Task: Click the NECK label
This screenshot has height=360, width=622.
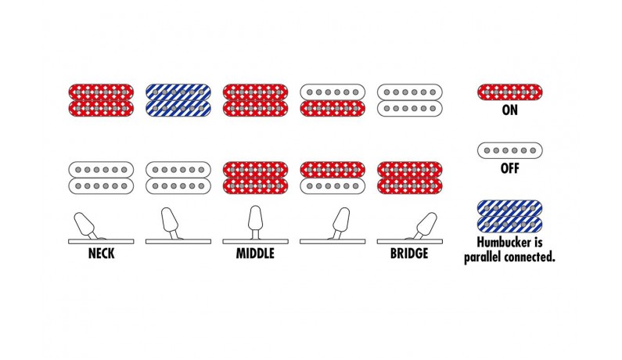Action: pyautogui.click(x=101, y=254)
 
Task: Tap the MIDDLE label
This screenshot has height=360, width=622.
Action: pyautogui.click(x=255, y=254)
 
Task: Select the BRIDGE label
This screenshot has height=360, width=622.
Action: pyautogui.click(x=409, y=254)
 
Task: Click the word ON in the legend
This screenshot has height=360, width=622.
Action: pyautogui.click(x=510, y=110)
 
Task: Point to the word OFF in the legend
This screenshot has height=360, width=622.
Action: pyautogui.click(x=510, y=168)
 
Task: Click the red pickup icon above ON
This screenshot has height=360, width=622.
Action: pyautogui.click(x=510, y=92)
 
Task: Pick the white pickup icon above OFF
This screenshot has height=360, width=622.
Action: pyautogui.click(x=510, y=150)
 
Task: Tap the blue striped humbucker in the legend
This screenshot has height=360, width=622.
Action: pyautogui.click(x=510, y=216)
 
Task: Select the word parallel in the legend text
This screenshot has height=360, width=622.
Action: pyautogui.click(x=483, y=257)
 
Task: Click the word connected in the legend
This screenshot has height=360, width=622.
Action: pyautogui.click(x=529, y=257)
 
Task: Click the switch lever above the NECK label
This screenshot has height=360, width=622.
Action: pyautogui.click(x=87, y=226)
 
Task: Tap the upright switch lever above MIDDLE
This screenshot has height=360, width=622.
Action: pyautogui.click(x=255, y=222)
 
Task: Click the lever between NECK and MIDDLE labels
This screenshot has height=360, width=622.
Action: pyautogui.click(x=171, y=223)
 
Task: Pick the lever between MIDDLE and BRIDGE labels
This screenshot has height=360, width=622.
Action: pyautogui.click(x=340, y=223)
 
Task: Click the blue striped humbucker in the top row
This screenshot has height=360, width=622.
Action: pyautogui.click(x=178, y=100)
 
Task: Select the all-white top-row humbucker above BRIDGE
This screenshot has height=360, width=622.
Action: pyautogui.click(x=409, y=100)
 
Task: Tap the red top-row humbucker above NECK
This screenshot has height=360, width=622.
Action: pyautogui.click(x=101, y=100)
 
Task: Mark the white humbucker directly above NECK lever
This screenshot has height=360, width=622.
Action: pyautogui.click(x=101, y=178)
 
